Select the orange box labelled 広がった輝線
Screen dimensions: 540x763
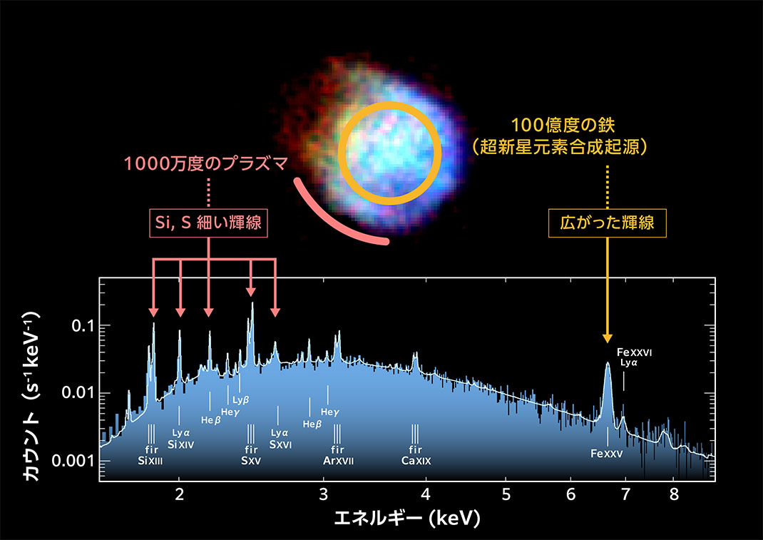pyautogui.click(x=608, y=224)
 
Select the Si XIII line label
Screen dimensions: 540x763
pyautogui.click(x=150, y=461)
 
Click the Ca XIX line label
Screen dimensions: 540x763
pyautogui.click(x=416, y=461)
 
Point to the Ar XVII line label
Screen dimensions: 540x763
pyautogui.click(x=338, y=461)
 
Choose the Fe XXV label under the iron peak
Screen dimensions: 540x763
pyautogui.click(x=608, y=453)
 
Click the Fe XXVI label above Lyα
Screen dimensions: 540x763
pyautogui.click(x=635, y=352)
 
